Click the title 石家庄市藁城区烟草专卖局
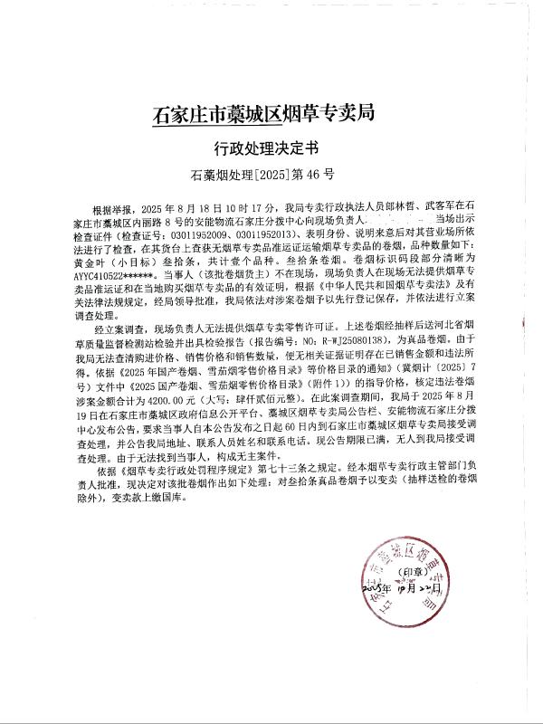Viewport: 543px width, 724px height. click(x=263, y=115)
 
